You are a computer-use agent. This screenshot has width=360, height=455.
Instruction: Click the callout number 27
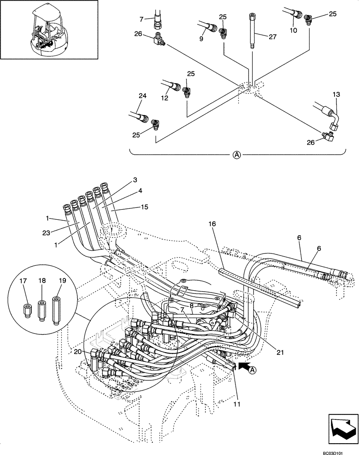pyautogui.click(x=272, y=37)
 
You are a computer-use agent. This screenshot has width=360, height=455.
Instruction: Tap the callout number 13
pyautogui.click(x=336, y=94)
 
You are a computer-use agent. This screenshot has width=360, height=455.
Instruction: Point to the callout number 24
pyautogui.click(x=143, y=96)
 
